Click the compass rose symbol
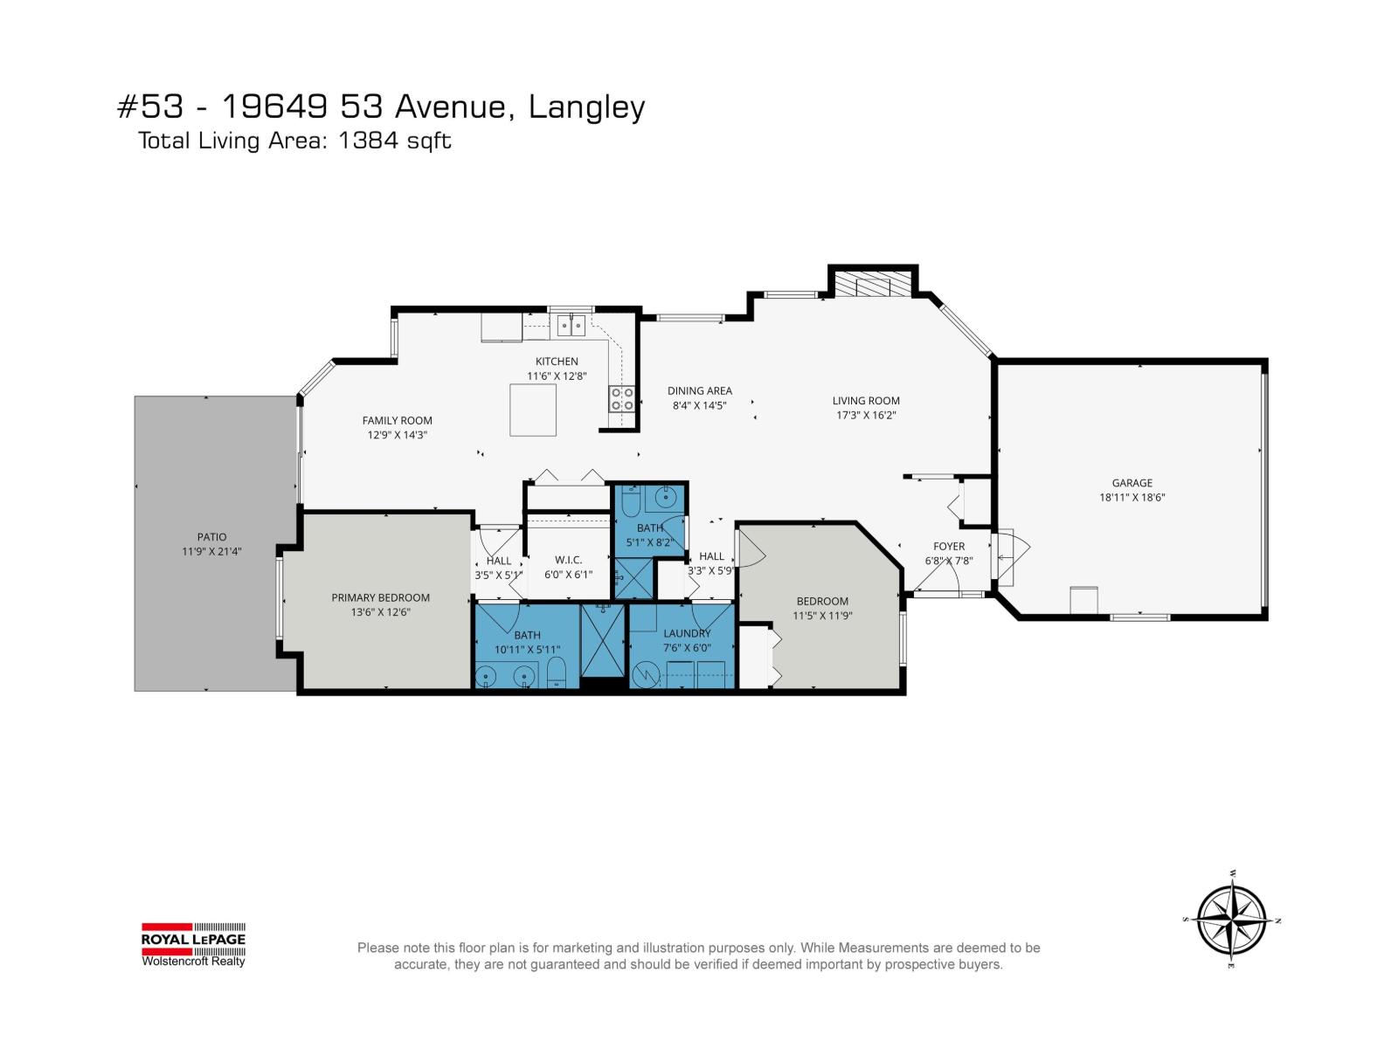1231,920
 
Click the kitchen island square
533,410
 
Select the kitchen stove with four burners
622,399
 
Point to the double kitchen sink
571,325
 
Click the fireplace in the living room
872,285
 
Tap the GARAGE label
1132,482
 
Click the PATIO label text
211,537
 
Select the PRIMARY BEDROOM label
380,597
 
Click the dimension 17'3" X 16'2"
866,415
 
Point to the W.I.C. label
568,560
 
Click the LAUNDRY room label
687,633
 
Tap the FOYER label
949,547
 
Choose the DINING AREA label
699,390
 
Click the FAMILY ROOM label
397,420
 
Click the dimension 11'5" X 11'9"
822,615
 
